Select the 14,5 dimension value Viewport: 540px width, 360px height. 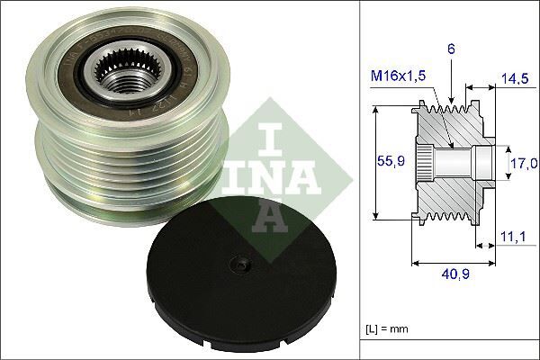coord(514,79)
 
